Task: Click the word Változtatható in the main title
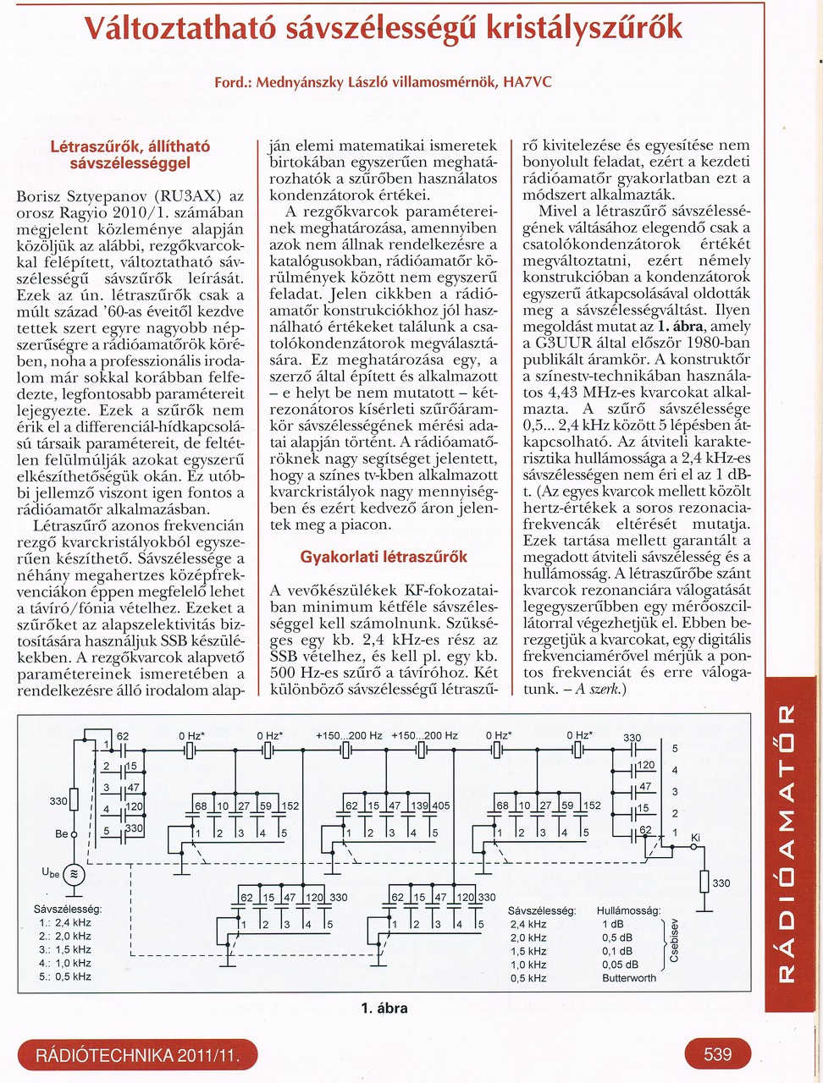point(173,29)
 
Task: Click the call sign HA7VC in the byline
point(527,83)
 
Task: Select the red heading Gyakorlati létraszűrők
point(384,557)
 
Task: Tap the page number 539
point(717,1054)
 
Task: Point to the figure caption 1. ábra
point(384,1008)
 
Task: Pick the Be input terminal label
point(61,834)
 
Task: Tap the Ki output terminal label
point(696,838)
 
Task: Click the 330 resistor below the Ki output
point(704,883)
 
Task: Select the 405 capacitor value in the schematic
point(440,806)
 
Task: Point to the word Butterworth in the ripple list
point(628,978)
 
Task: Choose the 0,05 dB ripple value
point(621,965)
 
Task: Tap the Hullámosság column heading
point(628,910)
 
